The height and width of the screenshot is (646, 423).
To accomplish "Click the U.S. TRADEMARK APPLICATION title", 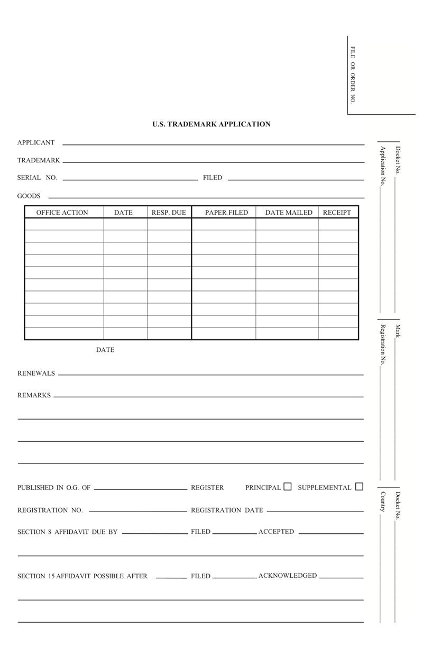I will pyautogui.click(x=212, y=124).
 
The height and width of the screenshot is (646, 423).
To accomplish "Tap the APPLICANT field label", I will pyautogui.click(x=36, y=142).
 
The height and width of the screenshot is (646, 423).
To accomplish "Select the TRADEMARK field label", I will pyautogui.click(x=39, y=160).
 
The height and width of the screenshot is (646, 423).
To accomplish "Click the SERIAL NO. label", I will pyautogui.click(x=37, y=178).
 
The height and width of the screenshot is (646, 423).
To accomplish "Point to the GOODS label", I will pyautogui.click(x=29, y=196).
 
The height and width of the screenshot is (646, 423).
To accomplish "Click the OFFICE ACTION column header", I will pyautogui.click(x=62, y=213).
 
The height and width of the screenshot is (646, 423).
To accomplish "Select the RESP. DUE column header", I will pyautogui.click(x=169, y=213).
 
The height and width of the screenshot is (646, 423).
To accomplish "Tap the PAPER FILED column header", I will pyautogui.click(x=226, y=213).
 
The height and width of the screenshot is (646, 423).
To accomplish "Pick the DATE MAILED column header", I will pyautogui.click(x=289, y=213).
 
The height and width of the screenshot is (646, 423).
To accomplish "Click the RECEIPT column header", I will pyautogui.click(x=337, y=213).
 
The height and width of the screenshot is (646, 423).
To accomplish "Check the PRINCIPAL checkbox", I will pyautogui.click(x=288, y=487).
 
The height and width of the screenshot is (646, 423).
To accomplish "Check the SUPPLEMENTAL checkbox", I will pyautogui.click(x=360, y=487).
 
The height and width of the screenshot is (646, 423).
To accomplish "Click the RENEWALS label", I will pyautogui.click(x=36, y=374).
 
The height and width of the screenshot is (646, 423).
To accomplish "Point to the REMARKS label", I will pyautogui.click(x=34, y=395).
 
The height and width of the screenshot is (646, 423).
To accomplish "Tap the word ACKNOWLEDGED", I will pyautogui.click(x=288, y=576).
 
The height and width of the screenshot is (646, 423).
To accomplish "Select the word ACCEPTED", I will pyautogui.click(x=276, y=532).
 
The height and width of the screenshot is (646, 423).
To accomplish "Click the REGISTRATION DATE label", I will pyautogui.click(x=227, y=511).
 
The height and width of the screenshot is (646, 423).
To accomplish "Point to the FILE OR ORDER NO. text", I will pyautogui.click(x=353, y=75).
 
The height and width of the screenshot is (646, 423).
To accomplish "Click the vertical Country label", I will pyautogui.click(x=383, y=502).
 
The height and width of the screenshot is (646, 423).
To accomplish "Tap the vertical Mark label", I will pyautogui.click(x=398, y=331).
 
